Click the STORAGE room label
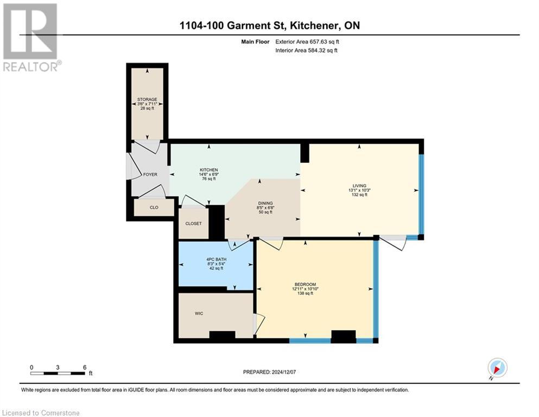[x=147, y=99]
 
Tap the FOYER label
[x=150, y=175]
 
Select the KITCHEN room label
[x=208, y=170]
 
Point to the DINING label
[x=265, y=203]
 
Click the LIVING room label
[x=359, y=186]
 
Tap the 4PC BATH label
[x=216, y=259]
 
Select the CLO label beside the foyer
[x=154, y=207]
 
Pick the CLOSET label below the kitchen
[x=193, y=224]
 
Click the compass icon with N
[x=497, y=368]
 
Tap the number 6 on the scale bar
[x=84, y=367]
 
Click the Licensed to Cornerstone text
[x=41, y=413]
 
